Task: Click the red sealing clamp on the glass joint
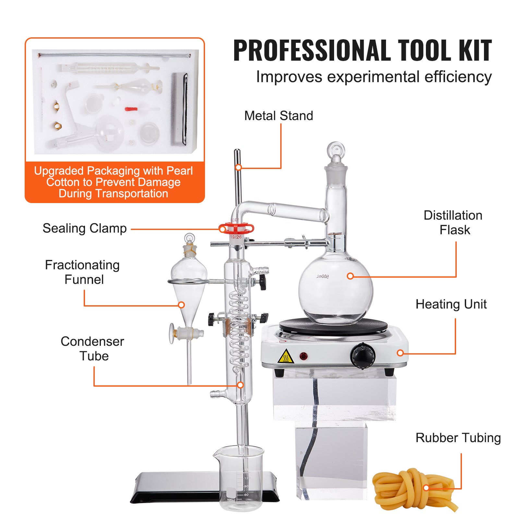pyautogui.click(x=236, y=229)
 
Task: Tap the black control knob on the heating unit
pyautogui.click(x=362, y=356)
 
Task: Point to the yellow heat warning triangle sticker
pyautogui.click(x=286, y=356)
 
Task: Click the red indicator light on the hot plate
pyautogui.click(x=304, y=356)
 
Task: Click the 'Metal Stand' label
pyautogui.click(x=279, y=116)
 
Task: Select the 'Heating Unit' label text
pyautogui.click(x=451, y=304)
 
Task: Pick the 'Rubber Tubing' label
pyautogui.click(x=458, y=438)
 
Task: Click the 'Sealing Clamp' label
pyautogui.click(x=85, y=228)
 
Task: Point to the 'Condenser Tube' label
pyautogui.click(x=93, y=349)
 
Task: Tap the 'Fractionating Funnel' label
pyautogui.click(x=83, y=272)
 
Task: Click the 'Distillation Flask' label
pyautogui.click(x=453, y=223)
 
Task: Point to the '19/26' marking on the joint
pyautogui.click(x=236, y=237)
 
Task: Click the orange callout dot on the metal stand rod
pyautogui.click(x=238, y=167)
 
